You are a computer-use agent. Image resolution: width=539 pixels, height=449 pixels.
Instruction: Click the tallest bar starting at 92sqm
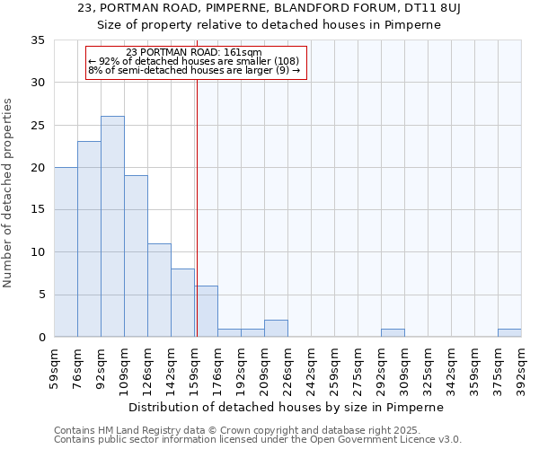(x=112, y=226)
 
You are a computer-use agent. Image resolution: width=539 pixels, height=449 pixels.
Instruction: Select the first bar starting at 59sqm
(x=66, y=251)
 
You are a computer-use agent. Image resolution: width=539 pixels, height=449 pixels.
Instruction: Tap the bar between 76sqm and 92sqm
(x=89, y=239)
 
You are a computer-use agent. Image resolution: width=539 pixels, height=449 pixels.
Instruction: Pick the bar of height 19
(x=136, y=256)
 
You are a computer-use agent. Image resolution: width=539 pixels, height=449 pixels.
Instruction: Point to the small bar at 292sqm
(x=393, y=332)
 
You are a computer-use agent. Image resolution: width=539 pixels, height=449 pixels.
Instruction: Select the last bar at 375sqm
(x=509, y=332)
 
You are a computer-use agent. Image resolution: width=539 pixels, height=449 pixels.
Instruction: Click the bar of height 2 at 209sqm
(x=276, y=329)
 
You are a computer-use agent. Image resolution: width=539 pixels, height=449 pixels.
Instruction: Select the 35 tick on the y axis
(x=39, y=40)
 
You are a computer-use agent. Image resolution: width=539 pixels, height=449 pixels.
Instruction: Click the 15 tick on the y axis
(x=39, y=210)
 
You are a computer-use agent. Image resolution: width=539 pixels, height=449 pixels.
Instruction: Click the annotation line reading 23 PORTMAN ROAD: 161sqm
(x=194, y=52)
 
